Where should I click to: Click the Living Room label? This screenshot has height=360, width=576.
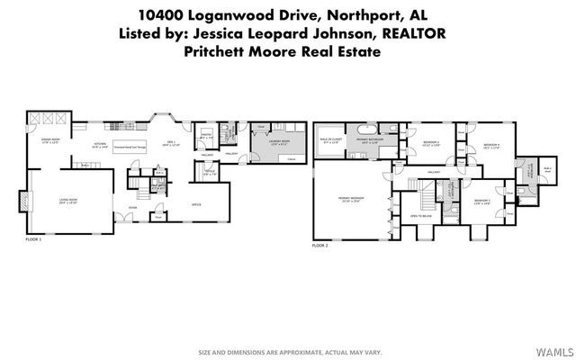point(68,202)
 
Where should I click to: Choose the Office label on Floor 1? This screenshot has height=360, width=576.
point(194,204)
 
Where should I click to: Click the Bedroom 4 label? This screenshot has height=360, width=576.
point(490,146)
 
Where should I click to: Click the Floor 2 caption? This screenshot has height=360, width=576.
point(320,245)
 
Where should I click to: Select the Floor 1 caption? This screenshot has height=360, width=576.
point(34,240)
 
